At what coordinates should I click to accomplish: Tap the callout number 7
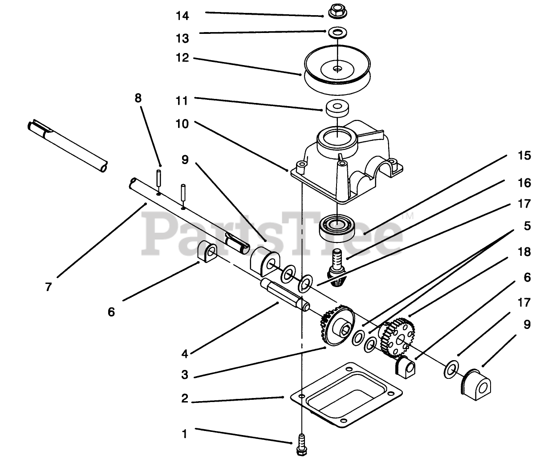(x=48, y=287)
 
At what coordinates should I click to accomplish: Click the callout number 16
(x=524, y=183)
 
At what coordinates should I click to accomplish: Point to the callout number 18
(x=525, y=252)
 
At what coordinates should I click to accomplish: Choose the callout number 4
(x=185, y=354)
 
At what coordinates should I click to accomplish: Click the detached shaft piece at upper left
(x=67, y=145)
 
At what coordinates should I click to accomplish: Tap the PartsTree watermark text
(x=272, y=232)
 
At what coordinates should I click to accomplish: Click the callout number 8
(x=138, y=98)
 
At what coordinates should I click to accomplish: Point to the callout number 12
(x=183, y=58)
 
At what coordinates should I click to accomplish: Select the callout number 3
(x=185, y=375)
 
